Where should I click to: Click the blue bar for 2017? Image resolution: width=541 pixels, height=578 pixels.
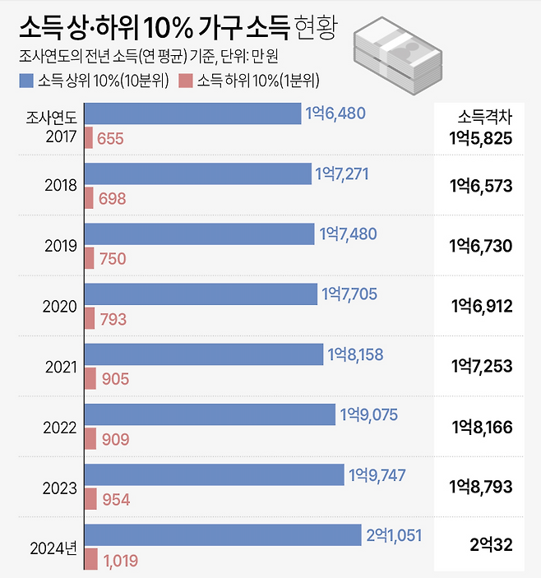[192, 113]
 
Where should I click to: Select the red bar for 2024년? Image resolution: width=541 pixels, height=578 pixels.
[91, 559]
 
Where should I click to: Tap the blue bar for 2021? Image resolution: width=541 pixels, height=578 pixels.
[204, 354]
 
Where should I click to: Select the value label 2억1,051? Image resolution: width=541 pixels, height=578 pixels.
[394, 535]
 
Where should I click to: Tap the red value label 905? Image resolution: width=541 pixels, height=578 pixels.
[114, 379]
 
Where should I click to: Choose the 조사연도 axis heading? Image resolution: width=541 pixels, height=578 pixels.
[52, 117]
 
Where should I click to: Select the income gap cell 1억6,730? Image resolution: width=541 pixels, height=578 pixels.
[481, 246]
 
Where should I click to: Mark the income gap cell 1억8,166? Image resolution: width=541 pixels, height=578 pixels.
[481, 427]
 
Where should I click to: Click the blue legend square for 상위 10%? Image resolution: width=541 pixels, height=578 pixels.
[25, 81]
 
